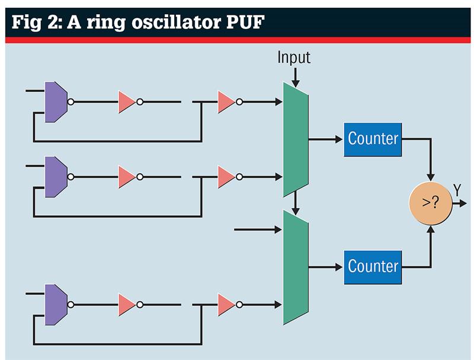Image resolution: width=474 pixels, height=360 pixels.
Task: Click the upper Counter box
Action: pos(373,139)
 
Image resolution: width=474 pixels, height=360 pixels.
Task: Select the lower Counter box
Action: pos(373,267)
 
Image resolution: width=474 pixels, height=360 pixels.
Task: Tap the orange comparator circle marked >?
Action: pos(431,203)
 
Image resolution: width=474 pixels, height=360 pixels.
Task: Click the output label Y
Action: pos(457,190)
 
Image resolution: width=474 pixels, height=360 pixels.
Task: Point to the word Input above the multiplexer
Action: pos(294,58)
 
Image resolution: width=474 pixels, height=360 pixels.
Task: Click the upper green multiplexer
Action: pos(296,139)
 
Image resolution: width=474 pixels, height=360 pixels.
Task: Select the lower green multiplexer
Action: pos(296,267)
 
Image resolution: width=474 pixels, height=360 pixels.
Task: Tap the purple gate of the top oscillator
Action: pos(56,102)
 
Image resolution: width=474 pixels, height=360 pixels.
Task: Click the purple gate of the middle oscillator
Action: pos(56,177)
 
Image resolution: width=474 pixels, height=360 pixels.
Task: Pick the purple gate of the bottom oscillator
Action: pos(56,305)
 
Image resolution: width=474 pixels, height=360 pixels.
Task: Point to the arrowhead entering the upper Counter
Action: pos(339,139)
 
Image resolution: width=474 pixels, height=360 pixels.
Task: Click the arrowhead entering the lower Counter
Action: pos(339,267)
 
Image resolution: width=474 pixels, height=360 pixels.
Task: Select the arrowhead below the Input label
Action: pos(296,84)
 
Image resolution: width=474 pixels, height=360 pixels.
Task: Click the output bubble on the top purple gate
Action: pos(71,102)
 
